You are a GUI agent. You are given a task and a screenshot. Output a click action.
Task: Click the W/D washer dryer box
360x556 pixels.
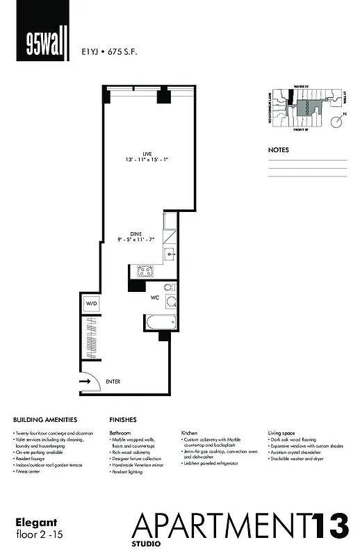pos(91,304)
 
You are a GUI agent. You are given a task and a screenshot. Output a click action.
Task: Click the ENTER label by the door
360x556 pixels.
pos(113,381)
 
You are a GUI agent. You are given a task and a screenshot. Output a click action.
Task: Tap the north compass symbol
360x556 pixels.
pos(336,122)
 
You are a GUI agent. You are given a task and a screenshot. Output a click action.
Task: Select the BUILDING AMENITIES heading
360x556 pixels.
pos(45,420)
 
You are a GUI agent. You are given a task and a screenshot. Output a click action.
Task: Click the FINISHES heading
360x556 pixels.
pos(123,420)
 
